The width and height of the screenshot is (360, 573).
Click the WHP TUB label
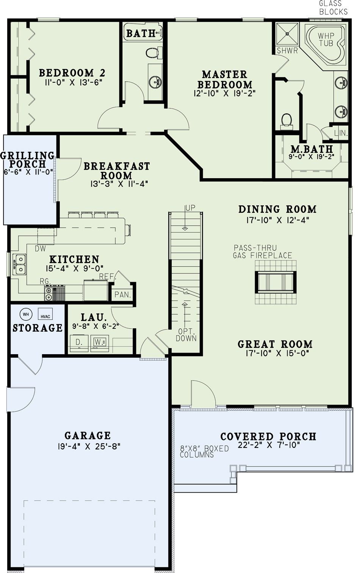326,39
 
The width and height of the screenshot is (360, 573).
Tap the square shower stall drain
288,33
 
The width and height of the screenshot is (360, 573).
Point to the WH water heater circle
26,314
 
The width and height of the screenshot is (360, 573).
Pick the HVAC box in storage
45,314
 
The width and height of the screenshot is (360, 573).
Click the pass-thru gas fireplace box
275,282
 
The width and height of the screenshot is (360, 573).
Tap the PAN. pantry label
123,295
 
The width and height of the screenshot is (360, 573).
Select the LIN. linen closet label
341,133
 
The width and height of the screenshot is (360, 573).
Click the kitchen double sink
19,264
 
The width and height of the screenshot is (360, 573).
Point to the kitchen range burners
49,294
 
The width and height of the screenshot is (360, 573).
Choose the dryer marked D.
79,343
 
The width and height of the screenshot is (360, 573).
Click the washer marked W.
99,343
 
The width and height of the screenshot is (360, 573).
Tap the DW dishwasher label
40,248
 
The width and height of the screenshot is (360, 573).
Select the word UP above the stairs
190,208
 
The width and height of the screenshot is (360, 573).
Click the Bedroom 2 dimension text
73,82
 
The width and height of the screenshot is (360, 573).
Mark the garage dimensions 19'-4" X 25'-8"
89,446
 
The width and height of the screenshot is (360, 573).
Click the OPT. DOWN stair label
186,335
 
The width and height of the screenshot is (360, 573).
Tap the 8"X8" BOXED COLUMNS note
204,452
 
